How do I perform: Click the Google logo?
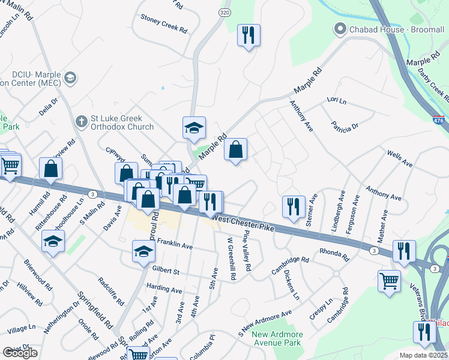[20, 353]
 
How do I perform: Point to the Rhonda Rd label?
[334, 254]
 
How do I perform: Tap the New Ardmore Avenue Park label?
[276, 339]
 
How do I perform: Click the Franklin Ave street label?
[175, 246]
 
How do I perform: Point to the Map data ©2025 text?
[423, 355]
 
